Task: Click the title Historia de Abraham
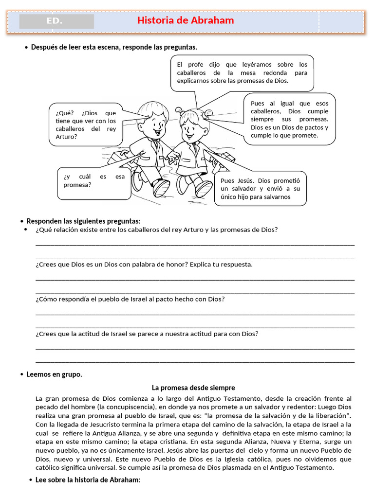(x=186, y=20)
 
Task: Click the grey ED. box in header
(x=56, y=21)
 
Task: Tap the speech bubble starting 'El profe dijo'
(x=242, y=72)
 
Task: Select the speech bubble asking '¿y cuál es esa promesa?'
(x=93, y=181)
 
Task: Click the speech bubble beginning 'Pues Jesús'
(x=260, y=188)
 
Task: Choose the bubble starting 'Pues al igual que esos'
(x=289, y=119)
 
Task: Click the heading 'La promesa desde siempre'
(x=193, y=388)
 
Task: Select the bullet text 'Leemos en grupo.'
(x=54, y=374)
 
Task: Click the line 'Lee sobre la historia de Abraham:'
(x=88, y=480)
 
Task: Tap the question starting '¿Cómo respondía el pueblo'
(x=130, y=299)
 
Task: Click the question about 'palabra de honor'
(x=144, y=265)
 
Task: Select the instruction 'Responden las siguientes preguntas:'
(x=83, y=221)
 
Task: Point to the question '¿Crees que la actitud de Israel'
(x=147, y=334)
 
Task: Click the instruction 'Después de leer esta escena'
(x=114, y=47)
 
